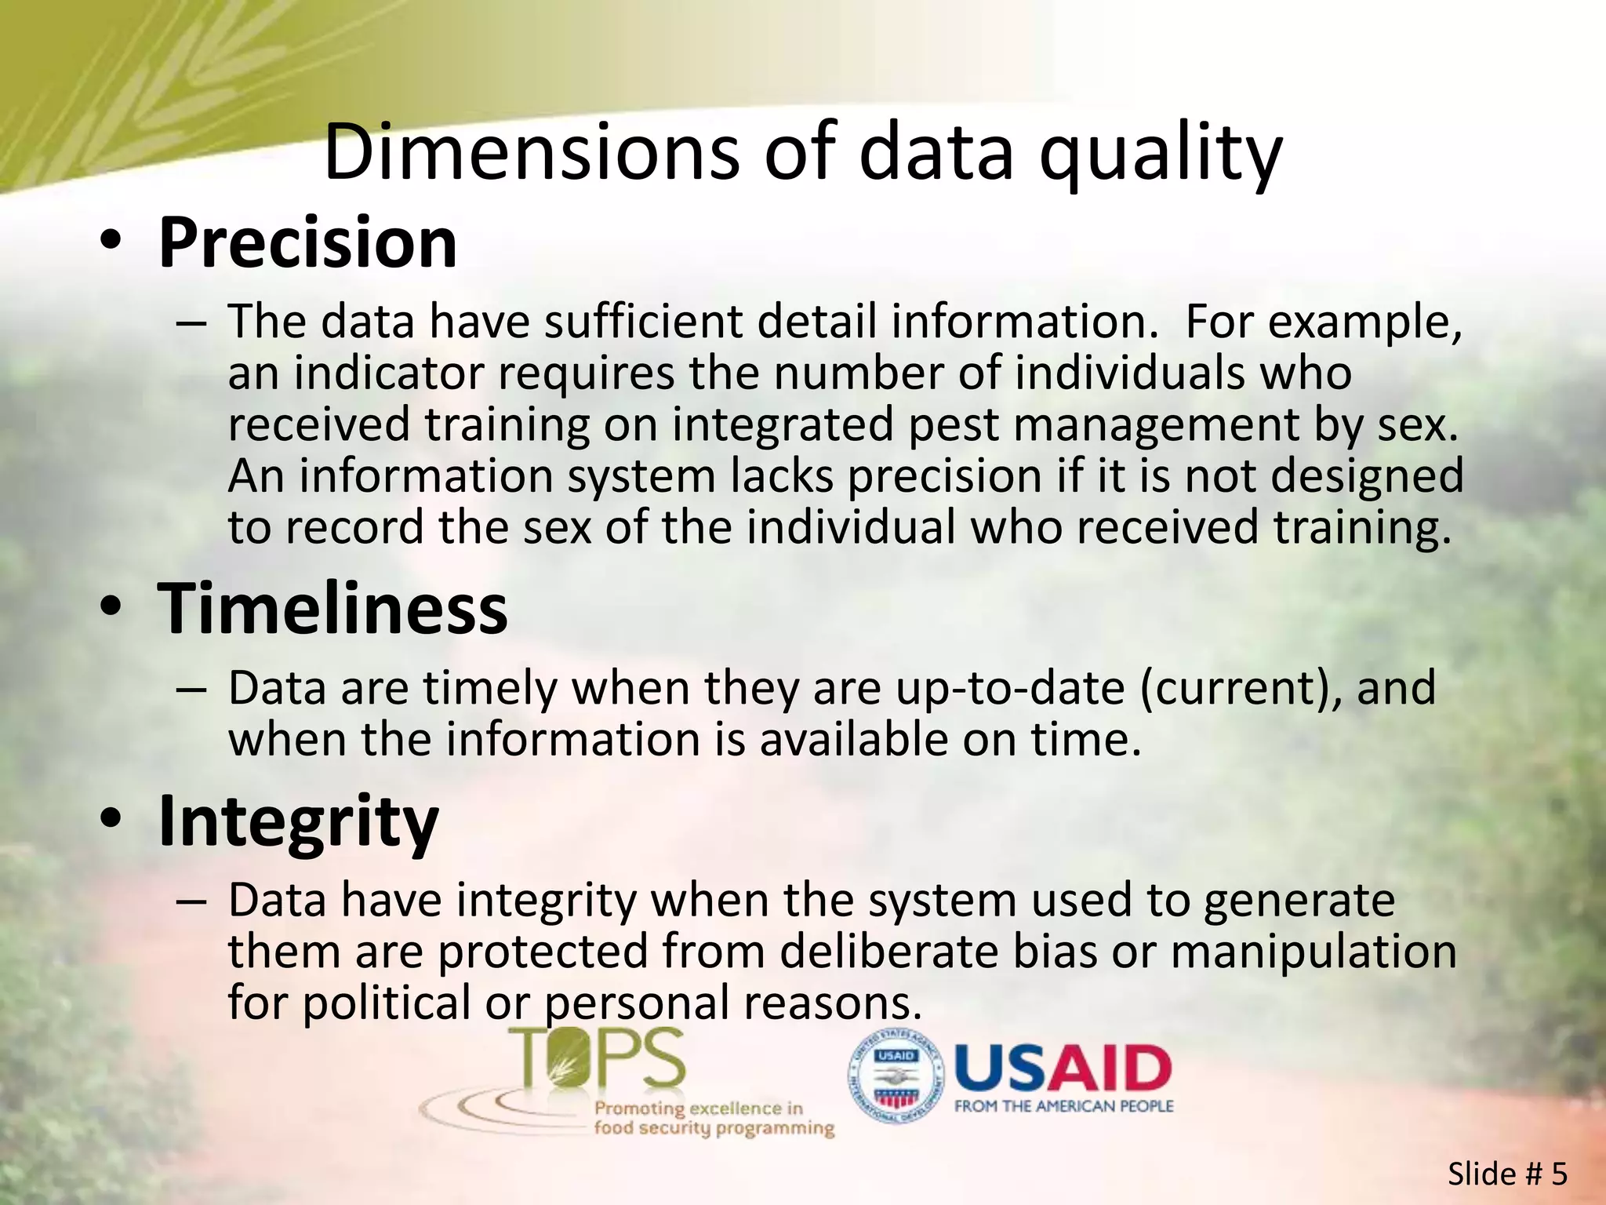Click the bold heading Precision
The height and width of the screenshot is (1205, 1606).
tap(307, 242)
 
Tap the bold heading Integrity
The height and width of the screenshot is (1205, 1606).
tap(298, 821)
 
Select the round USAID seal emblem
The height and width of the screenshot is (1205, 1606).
tap(896, 1075)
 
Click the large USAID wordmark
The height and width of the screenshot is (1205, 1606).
tap(1063, 1068)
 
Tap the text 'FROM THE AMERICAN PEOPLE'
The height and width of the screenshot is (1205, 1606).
tap(1063, 1106)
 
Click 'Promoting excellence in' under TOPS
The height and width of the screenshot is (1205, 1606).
tap(699, 1109)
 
